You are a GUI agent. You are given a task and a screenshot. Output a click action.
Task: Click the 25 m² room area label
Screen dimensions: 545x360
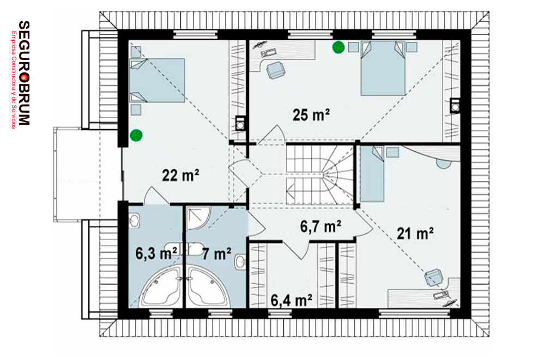(311, 115)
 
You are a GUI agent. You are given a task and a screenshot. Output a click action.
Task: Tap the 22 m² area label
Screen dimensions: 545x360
(180, 175)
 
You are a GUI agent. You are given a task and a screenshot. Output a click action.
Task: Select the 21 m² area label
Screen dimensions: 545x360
(415, 233)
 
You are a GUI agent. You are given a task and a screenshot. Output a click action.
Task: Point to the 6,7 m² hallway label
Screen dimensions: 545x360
(320, 227)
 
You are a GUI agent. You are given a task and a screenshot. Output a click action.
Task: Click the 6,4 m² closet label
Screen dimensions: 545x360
(291, 301)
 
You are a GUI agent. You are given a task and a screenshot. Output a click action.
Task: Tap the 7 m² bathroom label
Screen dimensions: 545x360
(216, 254)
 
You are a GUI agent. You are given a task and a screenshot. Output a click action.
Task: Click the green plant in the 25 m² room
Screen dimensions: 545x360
(338, 47)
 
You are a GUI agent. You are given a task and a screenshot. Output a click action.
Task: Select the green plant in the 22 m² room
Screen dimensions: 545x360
(136, 136)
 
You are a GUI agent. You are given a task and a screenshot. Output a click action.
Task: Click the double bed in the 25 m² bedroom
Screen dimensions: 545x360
(383, 68)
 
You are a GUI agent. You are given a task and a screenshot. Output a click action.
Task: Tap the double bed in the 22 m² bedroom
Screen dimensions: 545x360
(157, 80)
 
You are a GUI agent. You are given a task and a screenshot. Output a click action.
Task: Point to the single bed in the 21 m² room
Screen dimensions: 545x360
(372, 174)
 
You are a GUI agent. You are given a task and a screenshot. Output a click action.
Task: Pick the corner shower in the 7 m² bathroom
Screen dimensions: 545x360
(198, 218)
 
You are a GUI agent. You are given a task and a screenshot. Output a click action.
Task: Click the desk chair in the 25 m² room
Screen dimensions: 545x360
(276, 70)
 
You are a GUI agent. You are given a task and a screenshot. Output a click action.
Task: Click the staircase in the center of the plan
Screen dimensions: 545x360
(320, 175)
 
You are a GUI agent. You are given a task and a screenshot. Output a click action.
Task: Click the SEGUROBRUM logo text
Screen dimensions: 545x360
(23, 72)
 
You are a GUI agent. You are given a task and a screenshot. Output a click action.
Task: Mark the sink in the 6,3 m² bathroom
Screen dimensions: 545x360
(135, 221)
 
